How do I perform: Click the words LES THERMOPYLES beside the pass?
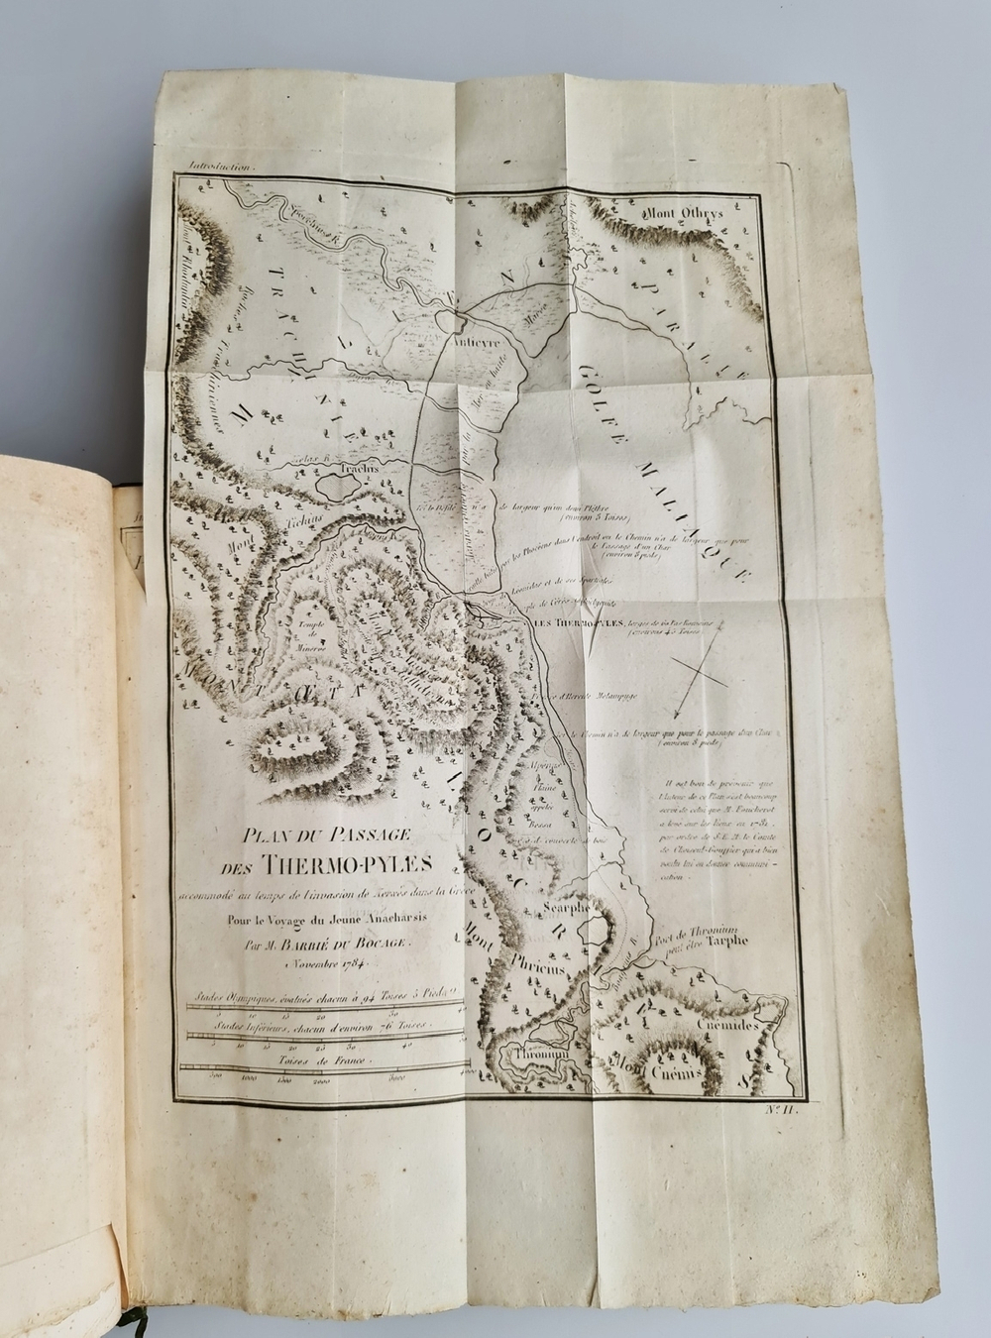(x=571, y=622)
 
